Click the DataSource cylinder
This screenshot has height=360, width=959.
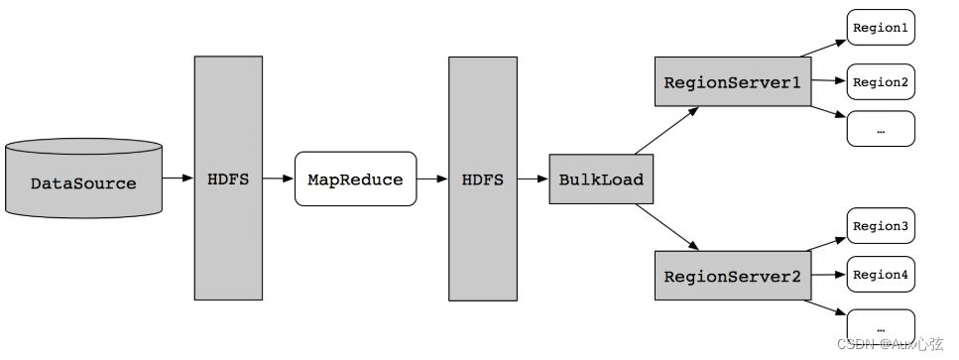click(x=82, y=181)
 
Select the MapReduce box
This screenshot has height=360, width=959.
click(x=355, y=180)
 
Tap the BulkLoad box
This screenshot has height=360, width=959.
click(x=600, y=180)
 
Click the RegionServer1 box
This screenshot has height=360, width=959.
click(x=731, y=82)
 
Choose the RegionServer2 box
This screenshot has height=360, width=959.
click(x=731, y=276)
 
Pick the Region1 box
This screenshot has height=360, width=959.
click(x=880, y=28)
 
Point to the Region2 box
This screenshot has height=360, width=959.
click(x=880, y=81)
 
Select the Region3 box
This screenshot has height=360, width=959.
click(x=880, y=226)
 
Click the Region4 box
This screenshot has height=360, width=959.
click(x=880, y=275)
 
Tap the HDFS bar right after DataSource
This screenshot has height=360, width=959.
click(x=228, y=179)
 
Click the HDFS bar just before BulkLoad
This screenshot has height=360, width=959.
click(x=482, y=179)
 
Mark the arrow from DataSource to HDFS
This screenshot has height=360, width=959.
click(x=178, y=179)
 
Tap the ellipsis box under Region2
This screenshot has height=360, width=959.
click(x=880, y=129)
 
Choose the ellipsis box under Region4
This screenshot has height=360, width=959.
click(x=880, y=325)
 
